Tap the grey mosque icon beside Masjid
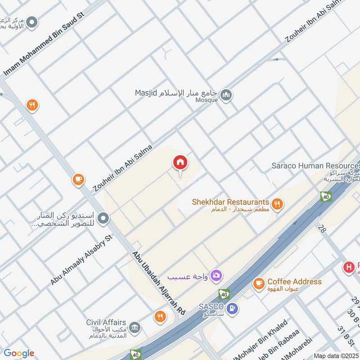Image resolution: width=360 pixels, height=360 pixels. [227, 94]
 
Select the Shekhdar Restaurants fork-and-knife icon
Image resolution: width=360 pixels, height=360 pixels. [278, 204]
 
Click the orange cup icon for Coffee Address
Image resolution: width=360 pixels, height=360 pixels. [258, 283]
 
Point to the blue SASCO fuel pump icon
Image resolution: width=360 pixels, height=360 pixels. [232, 308]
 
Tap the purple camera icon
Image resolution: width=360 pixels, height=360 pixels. [217, 275]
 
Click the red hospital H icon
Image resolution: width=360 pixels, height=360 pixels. [349, 267]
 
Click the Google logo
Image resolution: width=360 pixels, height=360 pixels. [19, 353]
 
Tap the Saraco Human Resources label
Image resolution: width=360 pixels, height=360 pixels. [315, 165]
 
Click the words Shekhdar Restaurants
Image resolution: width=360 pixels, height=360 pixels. [230, 202]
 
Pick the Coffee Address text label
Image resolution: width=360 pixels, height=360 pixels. [294, 281]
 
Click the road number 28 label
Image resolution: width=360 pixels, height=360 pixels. [321, 229]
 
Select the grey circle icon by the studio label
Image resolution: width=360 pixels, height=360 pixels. [103, 218]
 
